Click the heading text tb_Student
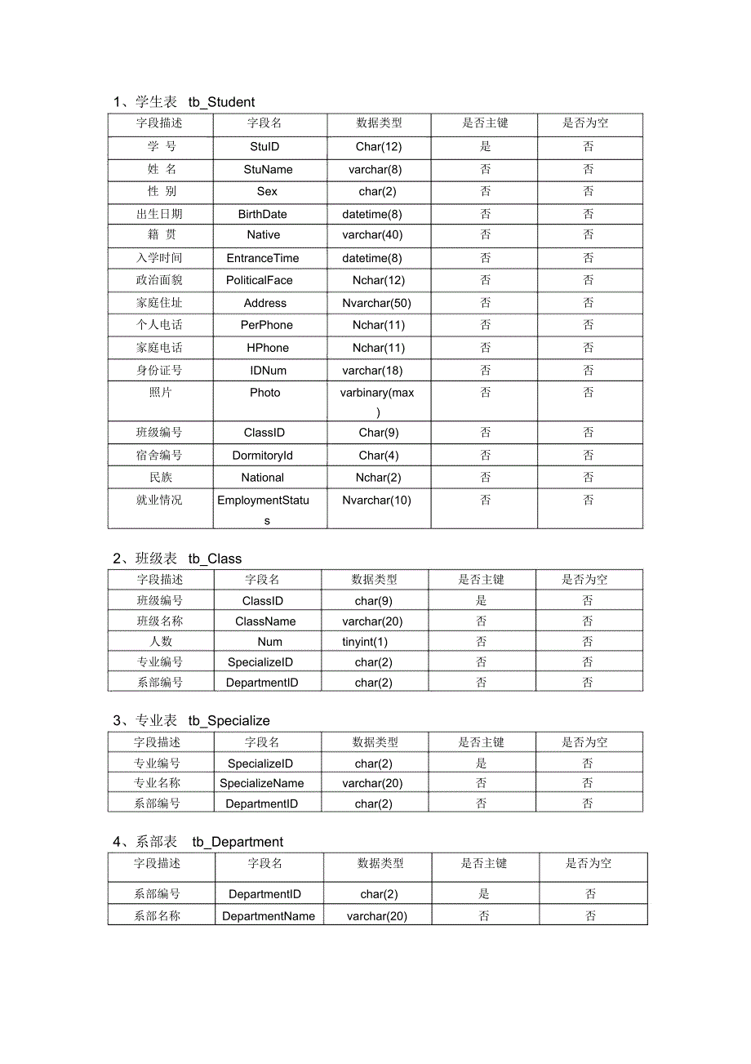click(x=221, y=102)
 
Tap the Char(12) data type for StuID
click(x=379, y=147)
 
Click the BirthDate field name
click(x=262, y=214)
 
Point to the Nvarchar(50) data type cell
click(x=376, y=303)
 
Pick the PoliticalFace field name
click(x=259, y=280)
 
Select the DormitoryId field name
click(x=262, y=456)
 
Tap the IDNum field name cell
click(x=268, y=371)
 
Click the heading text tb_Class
click(x=215, y=559)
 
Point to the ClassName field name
click(x=265, y=621)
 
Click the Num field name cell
click(x=269, y=642)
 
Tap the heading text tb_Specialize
click(x=229, y=720)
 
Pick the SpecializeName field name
click(x=261, y=783)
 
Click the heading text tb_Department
click(x=238, y=842)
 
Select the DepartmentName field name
click(x=268, y=916)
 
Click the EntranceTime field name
click(x=262, y=258)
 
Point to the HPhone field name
click(x=268, y=348)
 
